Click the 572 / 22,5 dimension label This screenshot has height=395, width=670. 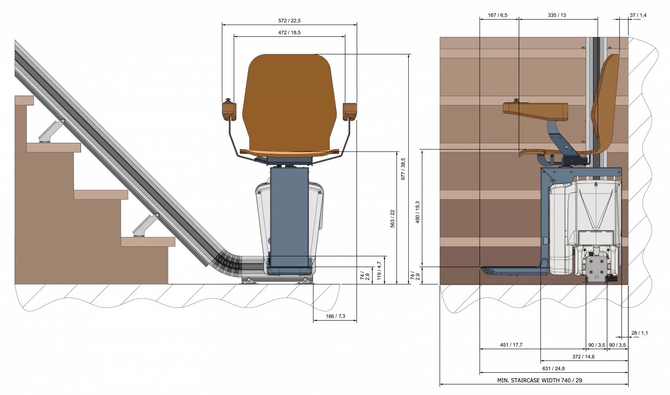(x=289, y=20)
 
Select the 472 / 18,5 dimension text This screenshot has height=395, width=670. (x=289, y=33)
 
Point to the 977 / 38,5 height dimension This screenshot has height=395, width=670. (x=403, y=169)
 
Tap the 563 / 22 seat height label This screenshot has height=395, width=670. (x=393, y=219)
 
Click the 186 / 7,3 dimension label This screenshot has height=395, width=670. (x=335, y=316)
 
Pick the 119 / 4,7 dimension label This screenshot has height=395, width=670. (x=379, y=270)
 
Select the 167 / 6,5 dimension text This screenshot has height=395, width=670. (x=498, y=15)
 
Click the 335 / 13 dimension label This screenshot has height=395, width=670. (x=557, y=15)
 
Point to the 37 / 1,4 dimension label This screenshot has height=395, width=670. (x=638, y=15)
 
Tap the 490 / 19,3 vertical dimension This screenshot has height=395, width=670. (x=417, y=212)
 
